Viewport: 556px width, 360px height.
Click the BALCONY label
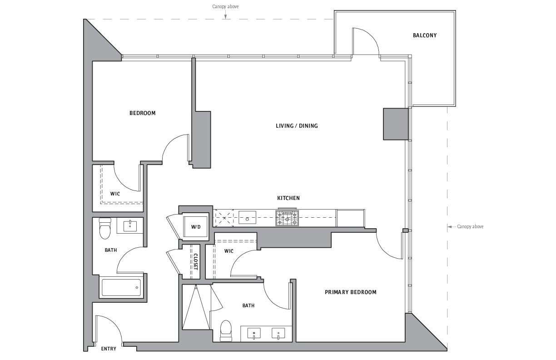tap(424, 35)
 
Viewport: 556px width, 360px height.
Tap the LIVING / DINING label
tap(297, 126)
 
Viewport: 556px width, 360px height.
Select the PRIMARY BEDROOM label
tap(351, 292)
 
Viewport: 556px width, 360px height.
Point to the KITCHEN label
tap(288, 198)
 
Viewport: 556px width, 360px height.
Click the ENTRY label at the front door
tap(109, 349)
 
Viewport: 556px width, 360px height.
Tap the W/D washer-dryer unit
tap(196, 226)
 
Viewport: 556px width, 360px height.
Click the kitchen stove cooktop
tap(287, 218)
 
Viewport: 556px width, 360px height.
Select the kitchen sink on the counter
tap(247, 217)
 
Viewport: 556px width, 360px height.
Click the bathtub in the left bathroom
tap(121, 287)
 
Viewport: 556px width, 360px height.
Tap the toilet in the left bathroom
tap(105, 228)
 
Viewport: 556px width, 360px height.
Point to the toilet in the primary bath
tap(226, 331)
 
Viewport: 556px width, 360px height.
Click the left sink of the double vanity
tap(254, 333)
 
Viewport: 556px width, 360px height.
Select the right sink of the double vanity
tap(278, 333)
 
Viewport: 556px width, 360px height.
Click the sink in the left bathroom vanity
tap(130, 226)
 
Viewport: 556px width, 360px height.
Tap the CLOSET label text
tap(196, 262)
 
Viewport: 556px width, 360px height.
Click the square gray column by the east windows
tap(396, 124)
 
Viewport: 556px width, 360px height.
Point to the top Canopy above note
tap(225, 6)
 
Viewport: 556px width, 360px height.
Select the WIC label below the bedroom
tap(115, 194)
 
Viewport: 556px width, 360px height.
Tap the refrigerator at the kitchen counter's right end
tap(350, 218)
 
